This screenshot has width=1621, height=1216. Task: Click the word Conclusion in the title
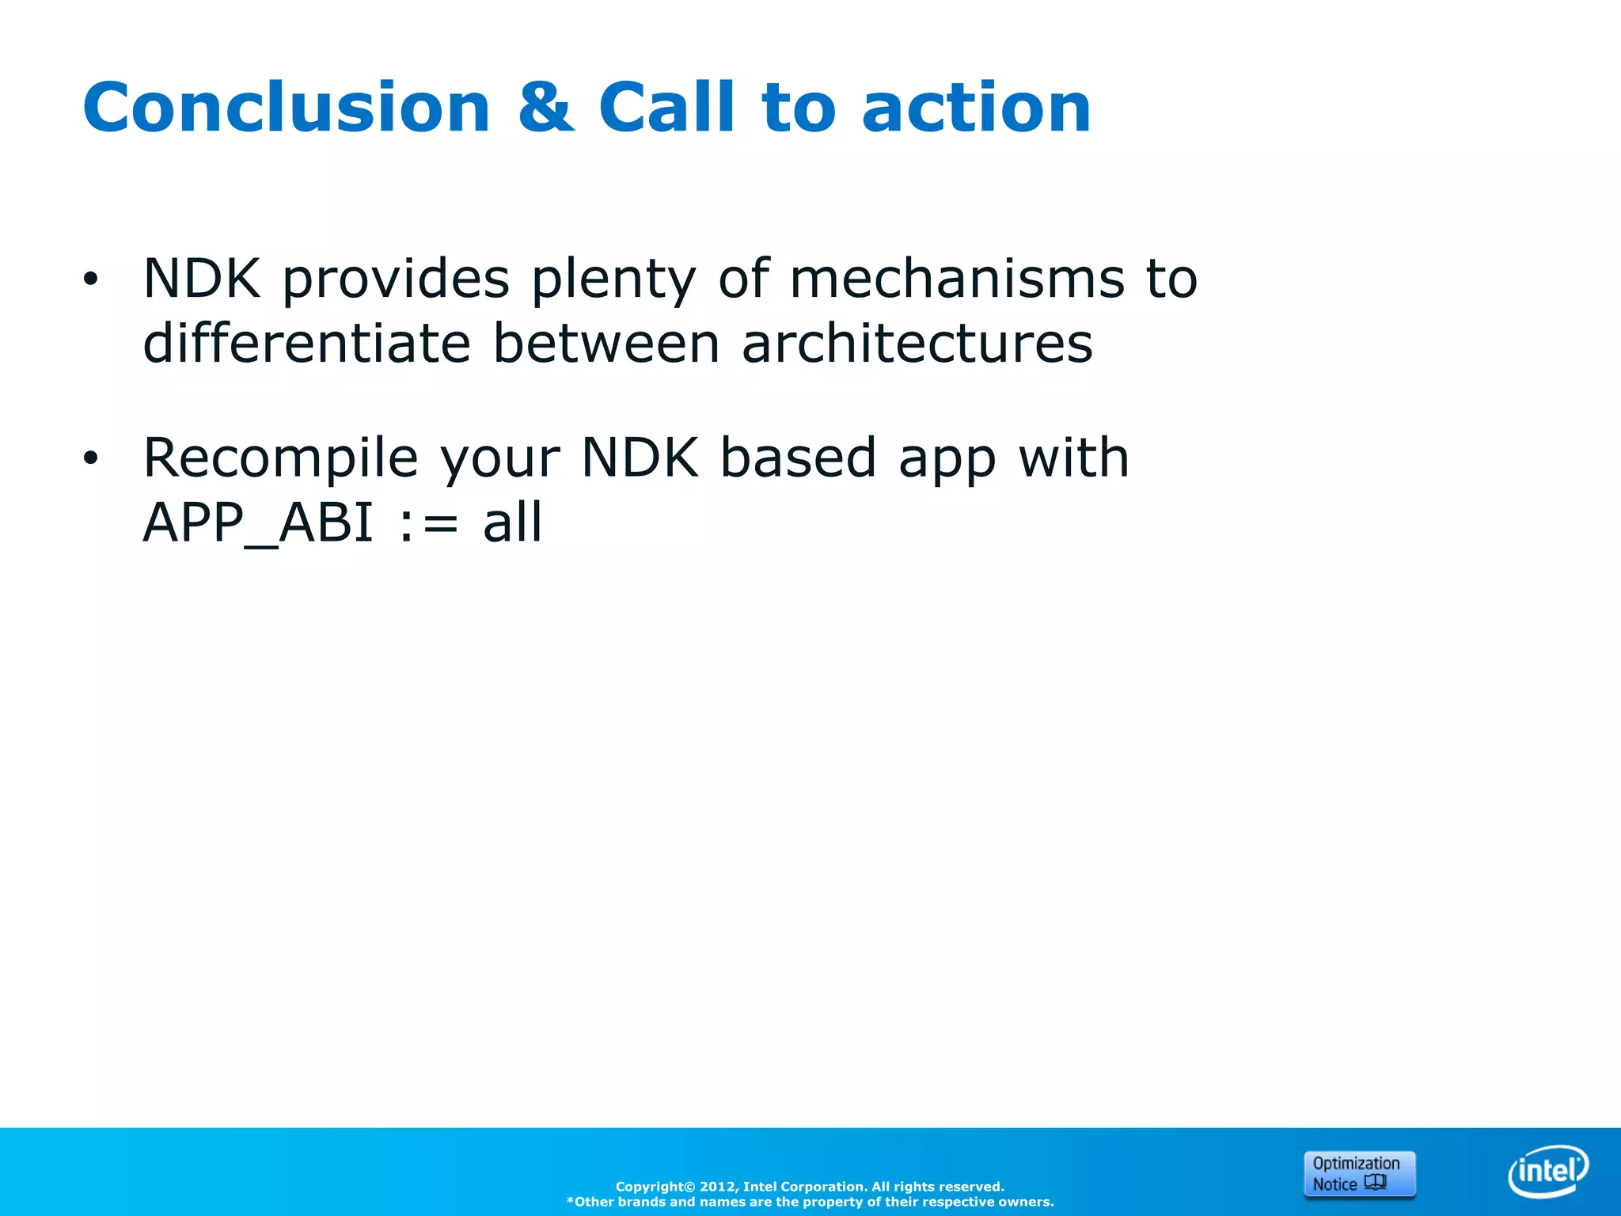(287, 108)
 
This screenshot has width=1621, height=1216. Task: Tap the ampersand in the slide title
(545, 108)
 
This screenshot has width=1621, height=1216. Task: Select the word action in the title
(976, 108)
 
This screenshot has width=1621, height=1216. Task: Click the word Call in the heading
(667, 108)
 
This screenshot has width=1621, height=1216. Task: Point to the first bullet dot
(91, 279)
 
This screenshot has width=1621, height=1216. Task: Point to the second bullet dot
(91, 458)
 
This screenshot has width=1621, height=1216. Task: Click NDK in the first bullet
(202, 279)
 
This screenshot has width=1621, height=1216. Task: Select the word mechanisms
(956, 279)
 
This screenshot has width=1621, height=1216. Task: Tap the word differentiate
(307, 344)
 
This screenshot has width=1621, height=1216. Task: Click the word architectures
(917, 344)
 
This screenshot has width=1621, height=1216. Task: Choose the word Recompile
(280, 458)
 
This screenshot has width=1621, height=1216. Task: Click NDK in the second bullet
(640, 458)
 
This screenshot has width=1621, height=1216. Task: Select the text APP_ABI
(258, 522)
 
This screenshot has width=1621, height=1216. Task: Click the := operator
(428, 524)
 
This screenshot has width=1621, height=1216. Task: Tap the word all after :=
(513, 522)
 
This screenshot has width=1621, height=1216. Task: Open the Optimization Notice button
(1359, 1173)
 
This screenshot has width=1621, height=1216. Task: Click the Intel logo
(1547, 1171)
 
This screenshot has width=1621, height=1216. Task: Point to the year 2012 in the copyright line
(717, 1187)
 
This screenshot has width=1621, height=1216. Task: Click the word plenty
(614, 280)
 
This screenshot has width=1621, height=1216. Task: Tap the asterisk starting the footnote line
(570, 1201)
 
